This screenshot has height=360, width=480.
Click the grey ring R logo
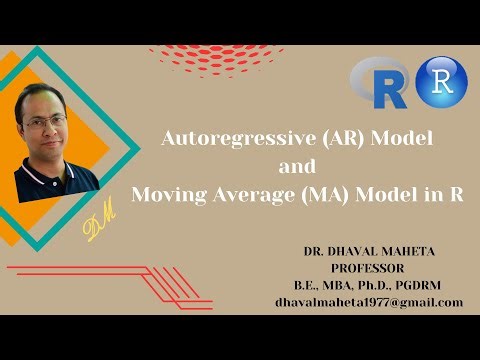pos(377,82)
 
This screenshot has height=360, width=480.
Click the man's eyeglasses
pos(44,123)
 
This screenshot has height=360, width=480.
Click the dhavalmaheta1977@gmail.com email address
pos(369,301)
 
